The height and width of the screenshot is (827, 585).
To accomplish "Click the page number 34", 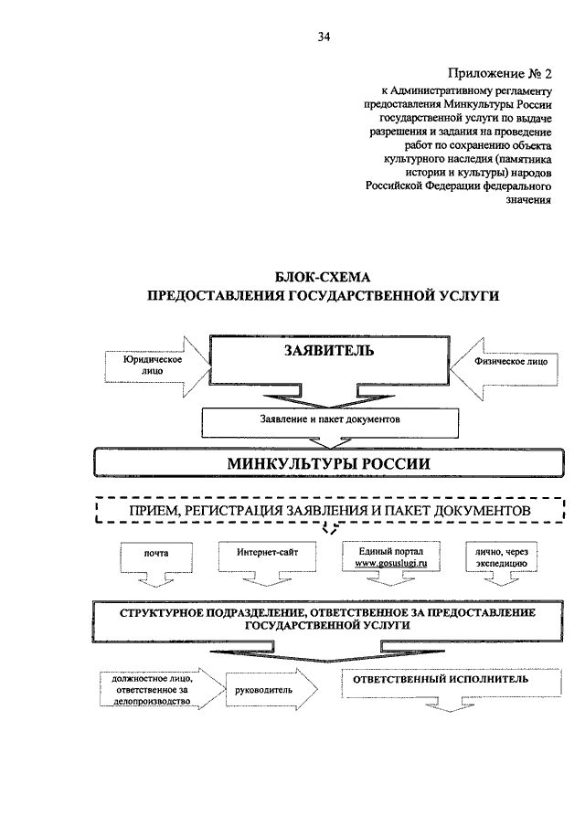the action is coord(324,37).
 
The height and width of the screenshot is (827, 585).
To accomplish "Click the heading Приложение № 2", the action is coord(499,73).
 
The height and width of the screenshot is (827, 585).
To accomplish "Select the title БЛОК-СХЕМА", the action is coord(323,277).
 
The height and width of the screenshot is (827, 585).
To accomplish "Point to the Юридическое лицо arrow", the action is coord(157,366).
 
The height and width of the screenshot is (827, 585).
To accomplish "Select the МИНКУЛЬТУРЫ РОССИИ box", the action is coord(329,463).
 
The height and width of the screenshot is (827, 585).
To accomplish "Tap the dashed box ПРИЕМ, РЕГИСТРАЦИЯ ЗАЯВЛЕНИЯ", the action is coord(330,510).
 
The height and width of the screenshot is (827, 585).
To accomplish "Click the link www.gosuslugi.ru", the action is coord(391,563).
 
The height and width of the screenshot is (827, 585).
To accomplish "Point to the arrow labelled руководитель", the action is coord(271,689).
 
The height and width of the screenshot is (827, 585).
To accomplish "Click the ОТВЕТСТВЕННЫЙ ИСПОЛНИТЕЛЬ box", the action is coord(451,684).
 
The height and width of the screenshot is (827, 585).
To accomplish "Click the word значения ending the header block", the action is coord(528,199).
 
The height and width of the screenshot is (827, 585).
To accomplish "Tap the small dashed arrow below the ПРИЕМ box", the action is coord(330,528).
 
